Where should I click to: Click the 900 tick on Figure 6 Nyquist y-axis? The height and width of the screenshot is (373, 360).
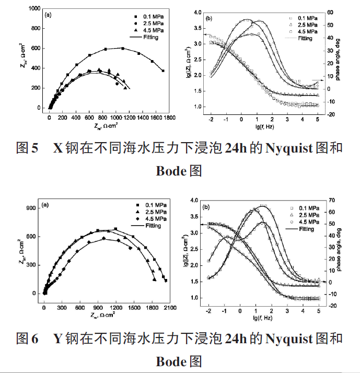[32, 208]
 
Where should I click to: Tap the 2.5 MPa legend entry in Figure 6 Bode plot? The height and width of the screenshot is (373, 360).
[306, 215]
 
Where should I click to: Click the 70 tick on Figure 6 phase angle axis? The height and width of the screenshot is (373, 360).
[330, 200]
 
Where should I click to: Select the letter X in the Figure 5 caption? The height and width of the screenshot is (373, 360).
[58, 148]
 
